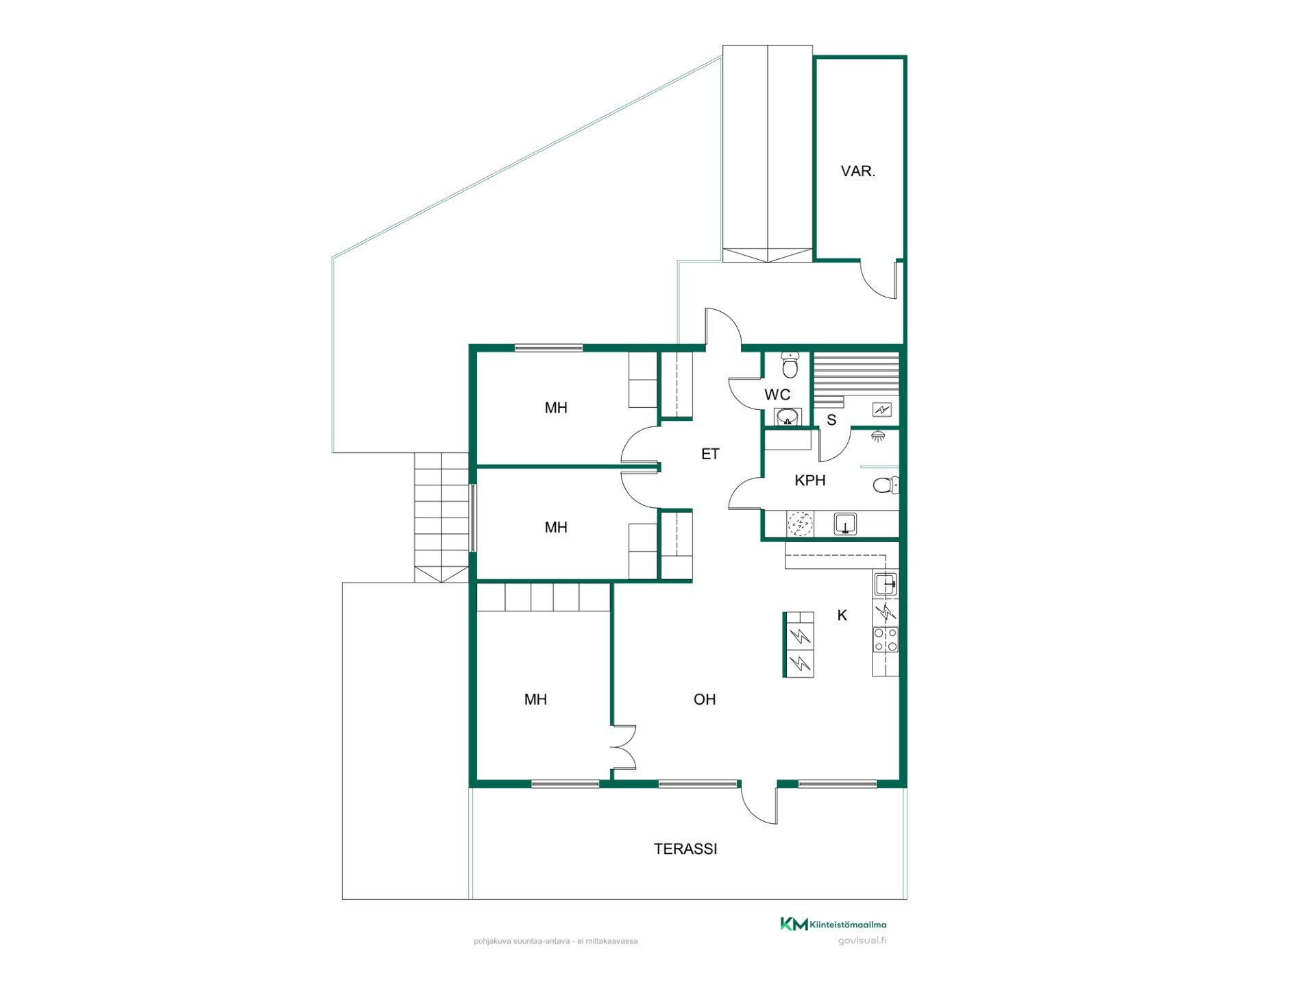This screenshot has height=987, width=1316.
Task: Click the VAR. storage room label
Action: click(x=857, y=171)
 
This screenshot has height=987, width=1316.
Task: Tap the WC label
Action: click(x=777, y=395)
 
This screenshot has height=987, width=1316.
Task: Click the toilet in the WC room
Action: click(x=790, y=366)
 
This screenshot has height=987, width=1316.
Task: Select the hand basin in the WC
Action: click(x=788, y=416)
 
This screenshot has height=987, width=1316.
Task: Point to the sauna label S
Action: click(x=831, y=420)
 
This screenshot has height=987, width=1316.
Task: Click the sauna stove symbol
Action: click(x=881, y=410)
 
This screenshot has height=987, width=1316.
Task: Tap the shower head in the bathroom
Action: click(x=877, y=435)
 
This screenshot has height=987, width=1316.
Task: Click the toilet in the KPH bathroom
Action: click(x=886, y=485)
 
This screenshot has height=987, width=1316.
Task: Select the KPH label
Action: click(x=809, y=480)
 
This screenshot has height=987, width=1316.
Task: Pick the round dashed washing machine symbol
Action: click(x=799, y=523)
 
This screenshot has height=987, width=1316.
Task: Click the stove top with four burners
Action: click(x=885, y=639)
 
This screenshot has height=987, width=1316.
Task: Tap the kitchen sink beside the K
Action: click(x=885, y=584)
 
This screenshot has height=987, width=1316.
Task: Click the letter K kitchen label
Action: click(x=842, y=616)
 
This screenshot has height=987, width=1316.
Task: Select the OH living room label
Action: click(x=705, y=699)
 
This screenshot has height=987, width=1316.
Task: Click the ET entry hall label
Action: click(x=710, y=454)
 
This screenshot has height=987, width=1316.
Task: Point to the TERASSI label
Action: click(x=685, y=849)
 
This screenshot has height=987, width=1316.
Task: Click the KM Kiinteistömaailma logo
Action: click(x=833, y=924)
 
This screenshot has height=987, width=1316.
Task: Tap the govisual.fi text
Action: click(x=862, y=940)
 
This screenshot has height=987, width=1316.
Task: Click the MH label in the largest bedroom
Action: click(x=535, y=699)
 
